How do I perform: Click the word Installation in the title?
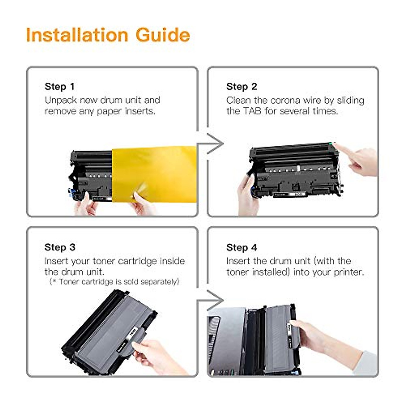[x=77, y=35]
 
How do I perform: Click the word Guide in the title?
[x=163, y=35]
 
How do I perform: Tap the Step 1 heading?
[x=60, y=87]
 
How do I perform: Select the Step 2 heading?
[x=242, y=87]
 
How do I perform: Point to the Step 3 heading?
[x=60, y=247]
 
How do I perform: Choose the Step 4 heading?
[x=242, y=247]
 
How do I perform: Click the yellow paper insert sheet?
[x=155, y=174]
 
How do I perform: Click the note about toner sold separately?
[x=114, y=281]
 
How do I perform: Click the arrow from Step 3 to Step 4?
[x=210, y=301]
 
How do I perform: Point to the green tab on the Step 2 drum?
[x=330, y=144]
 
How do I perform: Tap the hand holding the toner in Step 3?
[x=158, y=357]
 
